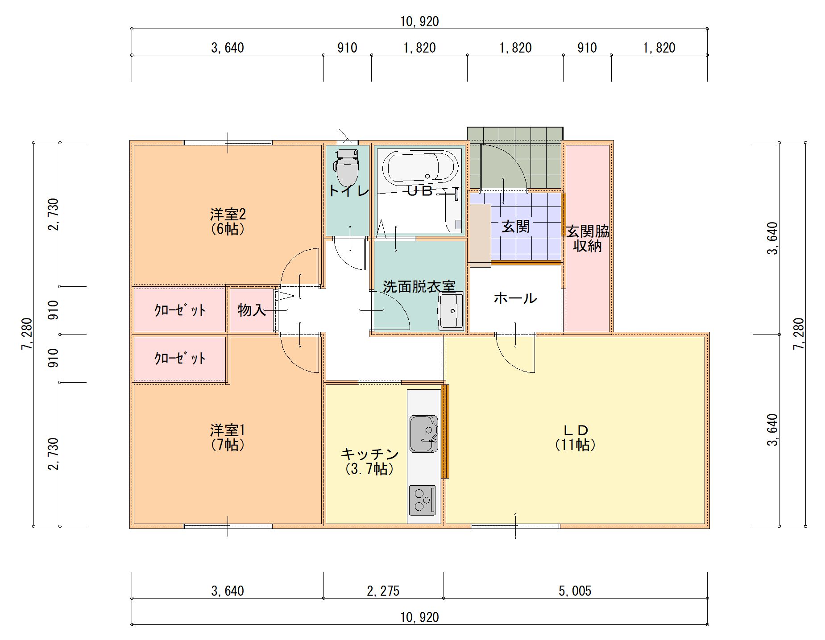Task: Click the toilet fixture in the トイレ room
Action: [x=347, y=168]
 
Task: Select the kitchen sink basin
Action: [x=423, y=434]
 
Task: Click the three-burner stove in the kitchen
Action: [x=422, y=500]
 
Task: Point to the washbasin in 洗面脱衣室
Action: [x=451, y=311]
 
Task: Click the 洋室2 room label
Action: [x=228, y=214]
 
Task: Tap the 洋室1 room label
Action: [x=228, y=430]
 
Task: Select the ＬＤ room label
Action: [x=576, y=430]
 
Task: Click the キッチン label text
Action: [x=369, y=454]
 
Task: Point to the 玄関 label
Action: [x=516, y=227]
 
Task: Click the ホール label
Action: [x=515, y=298]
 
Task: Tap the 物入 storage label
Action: [x=252, y=310]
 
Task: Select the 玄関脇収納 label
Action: [x=588, y=238]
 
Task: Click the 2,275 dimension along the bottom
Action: [x=383, y=591]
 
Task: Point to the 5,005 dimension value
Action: [x=575, y=591]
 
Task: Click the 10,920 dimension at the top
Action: [x=419, y=21]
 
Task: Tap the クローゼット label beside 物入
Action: [x=180, y=310]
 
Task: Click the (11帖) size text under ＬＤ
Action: [x=576, y=445]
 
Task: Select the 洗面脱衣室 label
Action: [x=419, y=287]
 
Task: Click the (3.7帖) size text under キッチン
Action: [x=369, y=469]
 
